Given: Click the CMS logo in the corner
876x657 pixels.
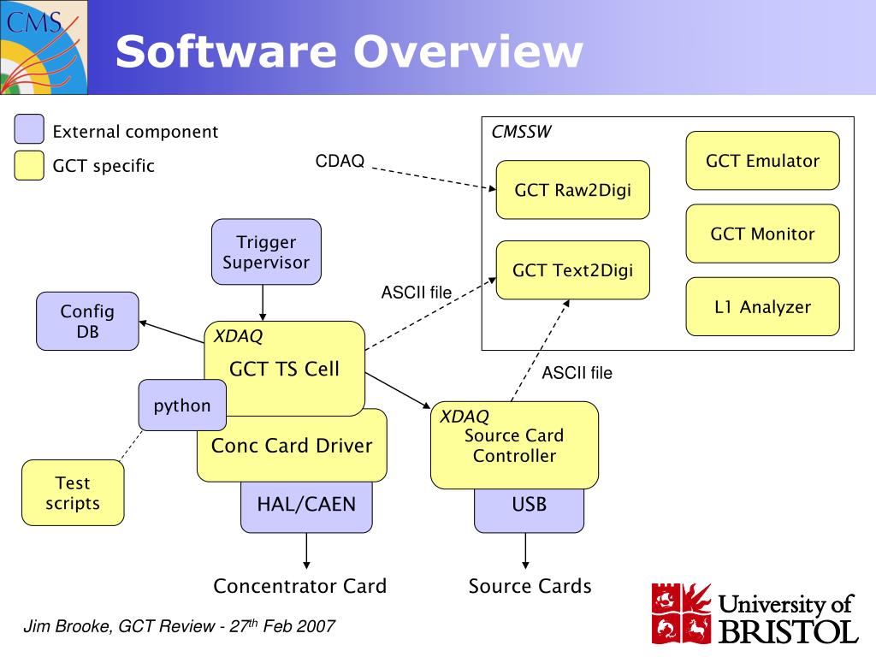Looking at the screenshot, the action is (x=44, y=47).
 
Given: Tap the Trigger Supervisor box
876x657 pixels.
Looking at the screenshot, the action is (x=266, y=252).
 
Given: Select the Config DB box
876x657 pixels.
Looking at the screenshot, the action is (x=87, y=322).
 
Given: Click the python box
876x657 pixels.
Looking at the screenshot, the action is (x=182, y=405).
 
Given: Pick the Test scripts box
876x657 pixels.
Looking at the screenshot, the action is (x=73, y=493).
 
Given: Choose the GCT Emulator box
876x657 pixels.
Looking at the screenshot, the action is (x=762, y=161).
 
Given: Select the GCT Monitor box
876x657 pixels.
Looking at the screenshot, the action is (x=762, y=234).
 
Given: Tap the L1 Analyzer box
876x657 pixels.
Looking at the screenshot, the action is (x=762, y=307).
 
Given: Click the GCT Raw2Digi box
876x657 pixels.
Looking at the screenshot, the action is (x=572, y=190).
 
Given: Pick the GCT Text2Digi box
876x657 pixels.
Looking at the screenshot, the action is (x=572, y=270).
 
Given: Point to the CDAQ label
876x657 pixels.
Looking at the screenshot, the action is (x=340, y=161).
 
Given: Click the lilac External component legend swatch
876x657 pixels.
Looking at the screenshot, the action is (x=29, y=129).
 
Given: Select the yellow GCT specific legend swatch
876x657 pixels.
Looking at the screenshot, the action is (x=29, y=165).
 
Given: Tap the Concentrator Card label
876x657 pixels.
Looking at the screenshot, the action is (x=300, y=586).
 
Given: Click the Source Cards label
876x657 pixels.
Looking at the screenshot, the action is (x=530, y=586).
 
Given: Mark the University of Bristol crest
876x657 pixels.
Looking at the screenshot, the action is (x=682, y=613).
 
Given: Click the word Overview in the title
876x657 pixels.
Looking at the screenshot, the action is (x=468, y=51).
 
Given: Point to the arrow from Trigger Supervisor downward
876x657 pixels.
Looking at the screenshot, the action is (x=263, y=303).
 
